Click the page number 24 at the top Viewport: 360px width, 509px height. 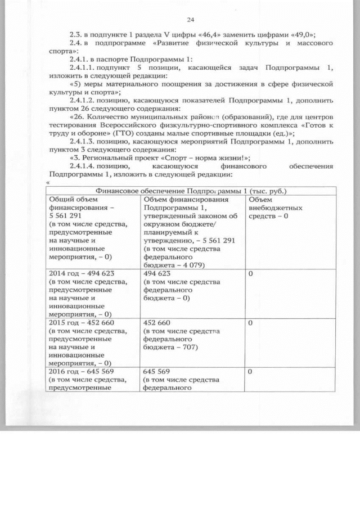tap(190, 20)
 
